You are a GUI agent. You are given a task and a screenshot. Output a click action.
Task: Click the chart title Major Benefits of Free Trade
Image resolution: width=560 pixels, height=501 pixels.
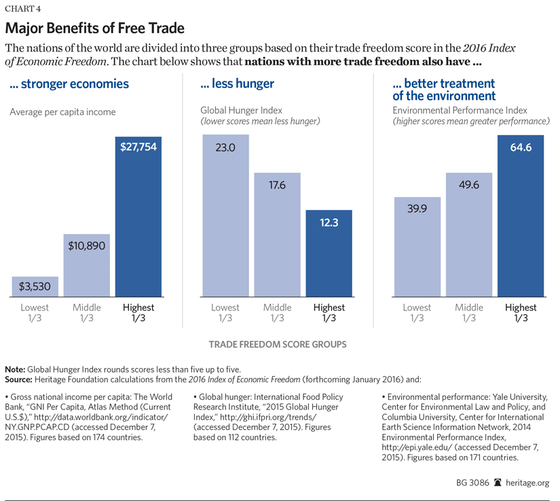(x=94, y=29)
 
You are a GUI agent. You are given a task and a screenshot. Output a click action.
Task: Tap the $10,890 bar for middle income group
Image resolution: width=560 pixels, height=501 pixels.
(x=87, y=265)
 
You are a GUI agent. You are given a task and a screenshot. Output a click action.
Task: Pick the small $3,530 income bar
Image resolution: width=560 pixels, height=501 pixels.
(x=35, y=286)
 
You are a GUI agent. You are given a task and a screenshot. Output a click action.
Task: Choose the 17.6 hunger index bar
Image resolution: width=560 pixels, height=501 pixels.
(x=277, y=235)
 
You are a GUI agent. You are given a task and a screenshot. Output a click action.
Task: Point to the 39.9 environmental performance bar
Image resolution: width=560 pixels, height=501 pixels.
(x=417, y=247)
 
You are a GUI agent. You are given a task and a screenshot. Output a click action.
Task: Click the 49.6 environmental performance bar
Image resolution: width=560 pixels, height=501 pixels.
(x=469, y=235)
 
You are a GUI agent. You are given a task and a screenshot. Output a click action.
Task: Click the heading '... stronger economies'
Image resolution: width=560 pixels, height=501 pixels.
(x=69, y=85)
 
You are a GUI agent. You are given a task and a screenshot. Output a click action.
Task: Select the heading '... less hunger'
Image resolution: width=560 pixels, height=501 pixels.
(x=237, y=85)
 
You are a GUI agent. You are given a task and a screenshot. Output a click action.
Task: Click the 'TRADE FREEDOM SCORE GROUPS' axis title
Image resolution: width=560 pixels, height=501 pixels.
(x=278, y=344)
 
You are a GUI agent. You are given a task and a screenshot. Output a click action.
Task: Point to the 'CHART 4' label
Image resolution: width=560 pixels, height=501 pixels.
(x=26, y=9)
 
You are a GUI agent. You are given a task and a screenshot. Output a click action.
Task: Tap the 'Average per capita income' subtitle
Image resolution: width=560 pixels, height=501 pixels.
(x=62, y=112)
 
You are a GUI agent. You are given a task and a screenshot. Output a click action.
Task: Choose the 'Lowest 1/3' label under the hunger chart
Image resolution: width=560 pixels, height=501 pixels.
(x=226, y=313)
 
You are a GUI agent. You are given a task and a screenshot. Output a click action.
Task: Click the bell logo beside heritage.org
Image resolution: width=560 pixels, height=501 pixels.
(x=498, y=483)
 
